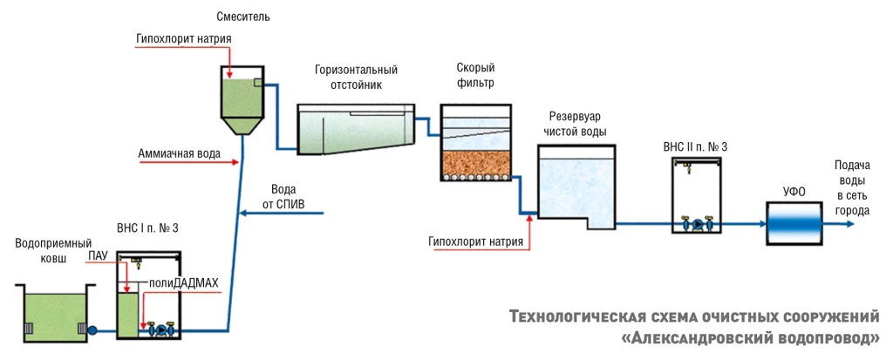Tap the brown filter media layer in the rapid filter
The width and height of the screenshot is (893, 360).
pyautogui.click(x=474, y=162)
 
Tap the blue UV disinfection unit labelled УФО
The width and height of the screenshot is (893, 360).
pyautogui.click(x=793, y=223)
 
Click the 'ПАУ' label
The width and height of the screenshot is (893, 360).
pyautogui.click(x=98, y=256)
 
